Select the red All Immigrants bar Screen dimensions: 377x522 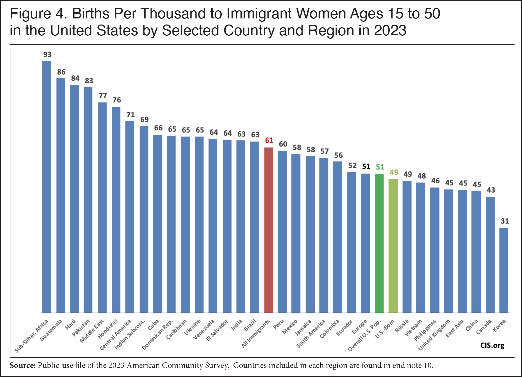268,230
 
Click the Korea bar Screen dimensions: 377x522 504,270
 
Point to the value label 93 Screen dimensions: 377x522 47,55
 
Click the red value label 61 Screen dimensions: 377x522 269,140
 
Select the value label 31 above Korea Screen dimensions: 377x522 505,221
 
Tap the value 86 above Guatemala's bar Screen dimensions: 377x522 61,72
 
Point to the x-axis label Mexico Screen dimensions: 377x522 290,327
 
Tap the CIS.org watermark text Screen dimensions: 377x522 492,345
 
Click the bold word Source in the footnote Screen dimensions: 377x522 22,365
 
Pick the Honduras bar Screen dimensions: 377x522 116,210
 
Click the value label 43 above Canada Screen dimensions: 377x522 491,190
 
